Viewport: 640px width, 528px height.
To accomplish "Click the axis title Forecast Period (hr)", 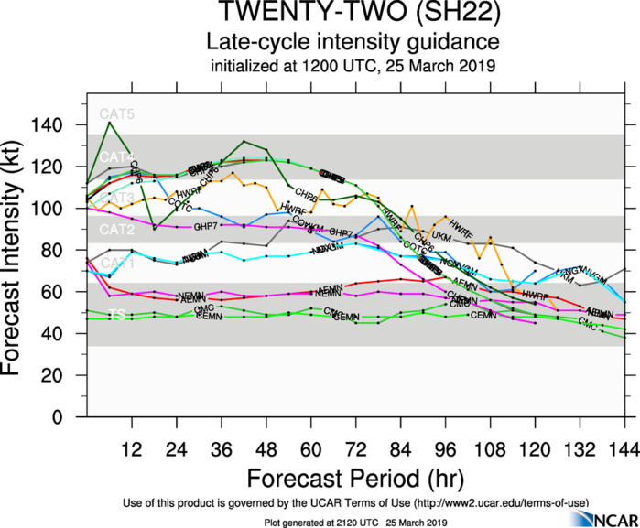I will [356, 478].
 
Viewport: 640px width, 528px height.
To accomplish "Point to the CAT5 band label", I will [116, 114].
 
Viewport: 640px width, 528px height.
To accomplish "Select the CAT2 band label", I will [116, 229].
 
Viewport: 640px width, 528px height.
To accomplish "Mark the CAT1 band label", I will [116, 264].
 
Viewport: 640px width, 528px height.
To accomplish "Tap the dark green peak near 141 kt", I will [109, 122].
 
